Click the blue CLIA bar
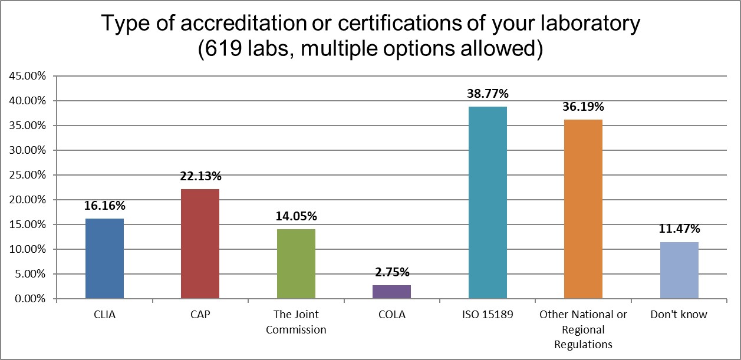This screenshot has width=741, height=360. click(104, 259)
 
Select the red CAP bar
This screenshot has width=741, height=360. click(200, 244)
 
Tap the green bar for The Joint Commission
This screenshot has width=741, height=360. click(296, 264)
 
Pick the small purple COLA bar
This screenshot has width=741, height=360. click(391, 292)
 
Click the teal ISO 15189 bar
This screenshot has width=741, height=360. click(488, 203)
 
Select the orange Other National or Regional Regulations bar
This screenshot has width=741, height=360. click(583, 209)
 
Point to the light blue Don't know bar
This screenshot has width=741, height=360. click(679, 270)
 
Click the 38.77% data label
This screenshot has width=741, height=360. click(488, 94)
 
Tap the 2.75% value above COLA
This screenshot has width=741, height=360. click(391, 272)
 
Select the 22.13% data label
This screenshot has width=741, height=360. click(200, 176)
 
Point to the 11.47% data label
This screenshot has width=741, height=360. click(679, 229)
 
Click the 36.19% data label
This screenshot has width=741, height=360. click(583, 107)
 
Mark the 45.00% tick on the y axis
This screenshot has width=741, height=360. click(26, 76)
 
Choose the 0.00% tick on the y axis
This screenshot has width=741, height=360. click(28, 299)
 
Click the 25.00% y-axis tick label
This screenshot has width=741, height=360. click(26, 175)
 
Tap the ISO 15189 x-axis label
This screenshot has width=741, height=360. click(488, 315)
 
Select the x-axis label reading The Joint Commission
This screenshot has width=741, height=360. click(296, 322)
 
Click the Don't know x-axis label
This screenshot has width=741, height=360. click(679, 315)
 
